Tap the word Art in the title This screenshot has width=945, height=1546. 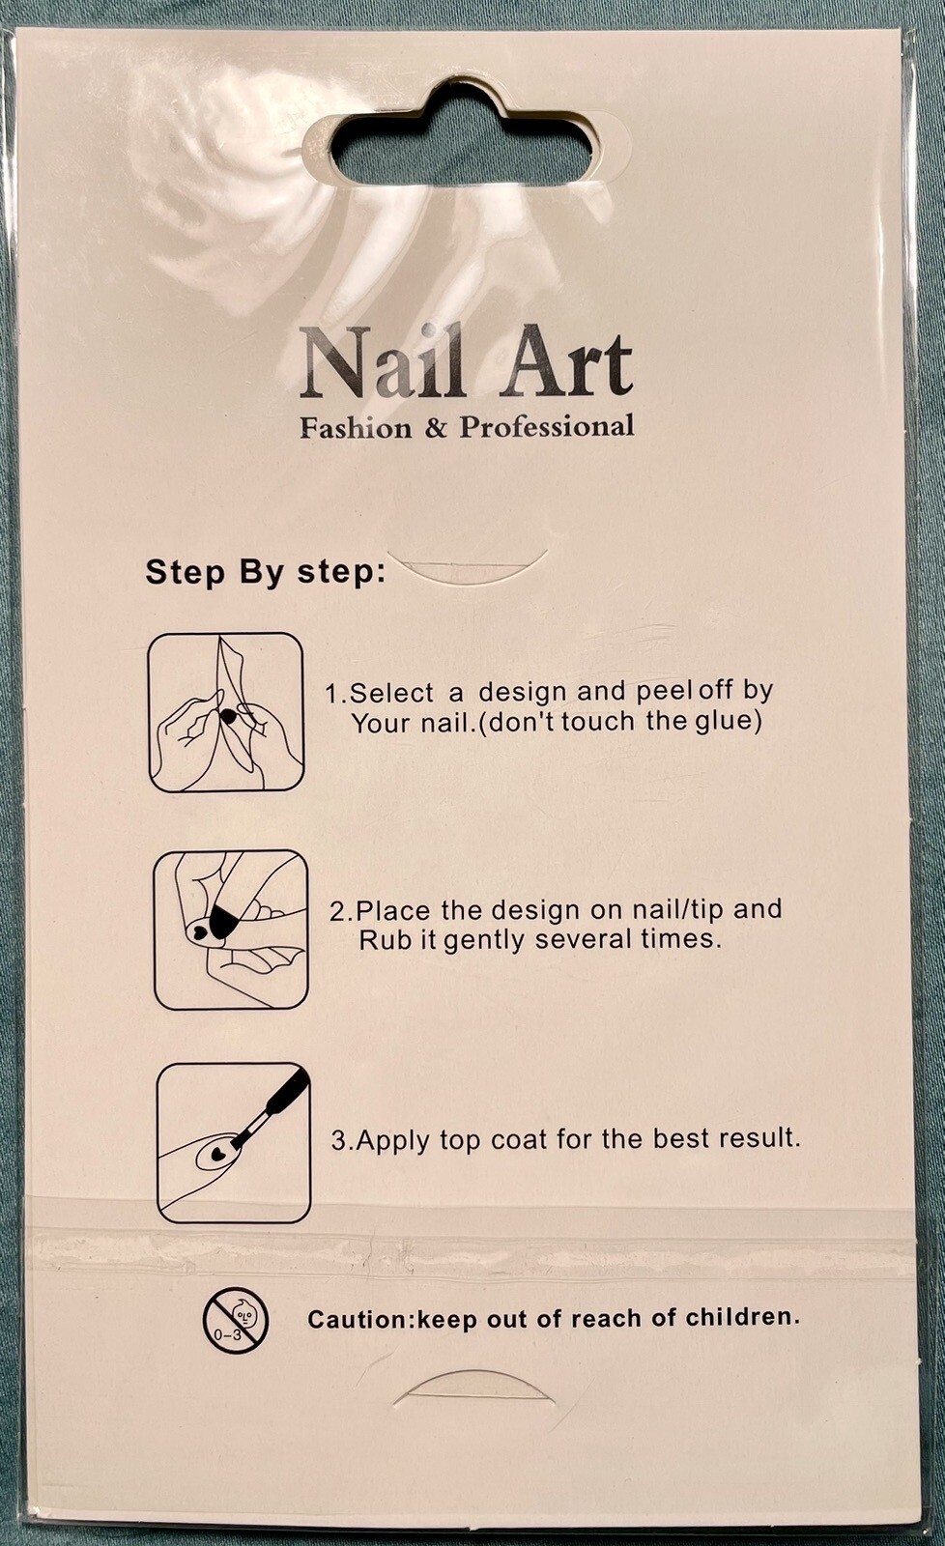565,362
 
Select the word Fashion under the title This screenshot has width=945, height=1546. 357,428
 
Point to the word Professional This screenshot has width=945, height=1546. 547,426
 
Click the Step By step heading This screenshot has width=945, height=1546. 265,572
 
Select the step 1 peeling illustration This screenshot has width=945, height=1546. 226,712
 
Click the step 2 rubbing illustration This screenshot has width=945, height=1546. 231,929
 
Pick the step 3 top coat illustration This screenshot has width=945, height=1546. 233,1143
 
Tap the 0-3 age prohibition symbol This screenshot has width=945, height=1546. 236,1319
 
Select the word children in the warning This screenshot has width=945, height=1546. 743,1317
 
